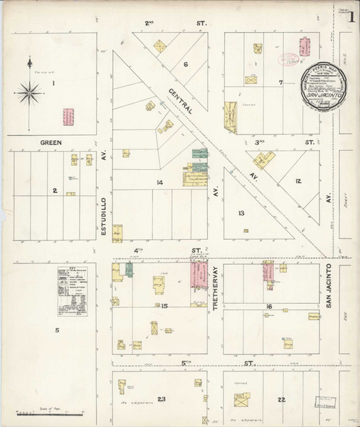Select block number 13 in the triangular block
pyautogui.click(x=242, y=213)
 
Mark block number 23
pyautogui.click(x=162, y=399)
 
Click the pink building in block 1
pyautogui.click(x=69, y=117)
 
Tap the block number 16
pyautogui.click(x=270, y=307)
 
